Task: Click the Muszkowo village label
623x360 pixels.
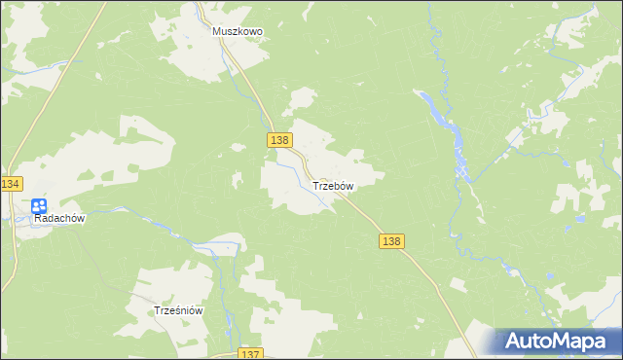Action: coord(238,31)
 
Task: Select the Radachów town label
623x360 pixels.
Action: coord(60,219)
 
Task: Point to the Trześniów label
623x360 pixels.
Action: coord(178,310)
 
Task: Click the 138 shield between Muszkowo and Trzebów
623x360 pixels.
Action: coord(279,141)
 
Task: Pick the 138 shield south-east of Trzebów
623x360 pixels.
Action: coord(391,240)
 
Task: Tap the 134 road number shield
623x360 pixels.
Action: coord(11,184)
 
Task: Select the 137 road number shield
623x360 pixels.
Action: coord(250,353)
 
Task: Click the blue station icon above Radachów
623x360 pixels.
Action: coord(38,205)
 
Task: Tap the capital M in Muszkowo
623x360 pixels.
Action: coord(218,31)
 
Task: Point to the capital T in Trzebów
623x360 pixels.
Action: coord(314,185)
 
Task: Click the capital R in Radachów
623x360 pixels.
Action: coord(38,219)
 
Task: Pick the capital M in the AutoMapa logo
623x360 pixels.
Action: coord(568,342)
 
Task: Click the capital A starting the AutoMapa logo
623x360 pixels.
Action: coord(514,342)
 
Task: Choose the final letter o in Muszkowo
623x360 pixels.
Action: coord(259,31)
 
